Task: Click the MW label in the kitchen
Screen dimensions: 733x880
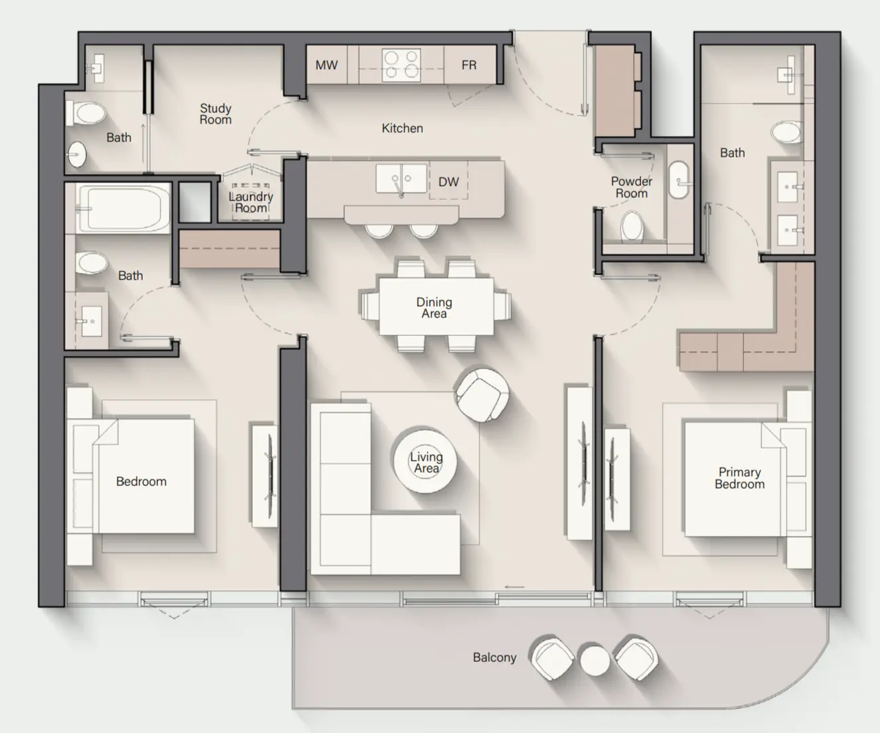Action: [x=326, y=65]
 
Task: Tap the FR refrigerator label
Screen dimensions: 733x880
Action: [x=469, y=65]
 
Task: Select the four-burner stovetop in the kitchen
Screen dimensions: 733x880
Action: [x=402, y=65]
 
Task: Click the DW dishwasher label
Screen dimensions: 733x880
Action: [x=449, y=182]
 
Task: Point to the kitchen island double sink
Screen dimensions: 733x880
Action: [x=401, y=179]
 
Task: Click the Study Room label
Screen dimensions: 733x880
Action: [x=216, y=114]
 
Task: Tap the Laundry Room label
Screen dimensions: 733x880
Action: [x=251, y=203]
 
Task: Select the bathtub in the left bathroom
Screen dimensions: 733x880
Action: [x=124, y=208]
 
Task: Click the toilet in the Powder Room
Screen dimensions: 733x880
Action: [x=632, y=226]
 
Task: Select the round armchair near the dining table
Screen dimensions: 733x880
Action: [x=482, y=394]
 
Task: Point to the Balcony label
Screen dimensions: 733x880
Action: [x=494, y=657]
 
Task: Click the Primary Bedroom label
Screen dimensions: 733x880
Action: [x=739, y=478]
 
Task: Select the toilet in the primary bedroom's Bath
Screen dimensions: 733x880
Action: [x=787, y=131]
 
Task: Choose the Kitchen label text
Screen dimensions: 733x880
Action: [x=402, y=128]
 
